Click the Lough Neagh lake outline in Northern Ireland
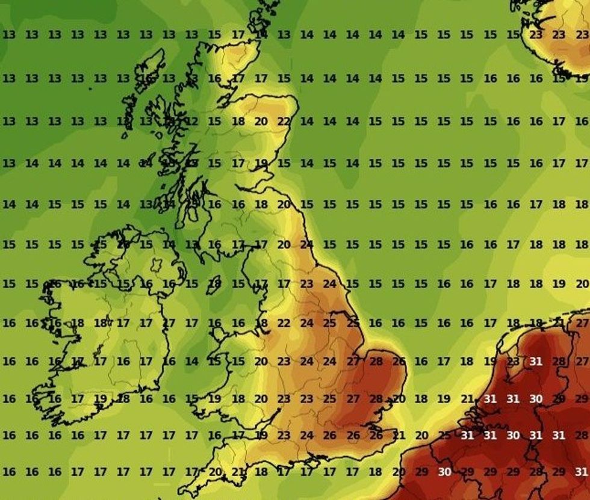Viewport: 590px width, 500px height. (158, 265)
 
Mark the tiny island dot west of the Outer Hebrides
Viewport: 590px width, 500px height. (90, 89)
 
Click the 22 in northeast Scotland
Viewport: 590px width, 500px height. (284, 121)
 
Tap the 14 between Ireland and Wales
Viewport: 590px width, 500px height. (192, 362)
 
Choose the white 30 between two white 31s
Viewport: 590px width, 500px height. (513, 435)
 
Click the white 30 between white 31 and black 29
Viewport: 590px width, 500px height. (536, 399)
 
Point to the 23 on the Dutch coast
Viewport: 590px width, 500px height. (513, 362)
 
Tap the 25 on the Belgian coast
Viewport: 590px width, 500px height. (445, 435)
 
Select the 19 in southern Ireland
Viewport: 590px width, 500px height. (101, 398)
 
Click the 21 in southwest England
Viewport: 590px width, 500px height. (238, 472)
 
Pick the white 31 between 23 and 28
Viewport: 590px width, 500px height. (536, 362)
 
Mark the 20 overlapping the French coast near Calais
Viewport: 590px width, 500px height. (399, 472)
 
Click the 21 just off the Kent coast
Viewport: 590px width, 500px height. (399, 435)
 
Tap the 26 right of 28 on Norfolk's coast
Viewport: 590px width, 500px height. (399, 362)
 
